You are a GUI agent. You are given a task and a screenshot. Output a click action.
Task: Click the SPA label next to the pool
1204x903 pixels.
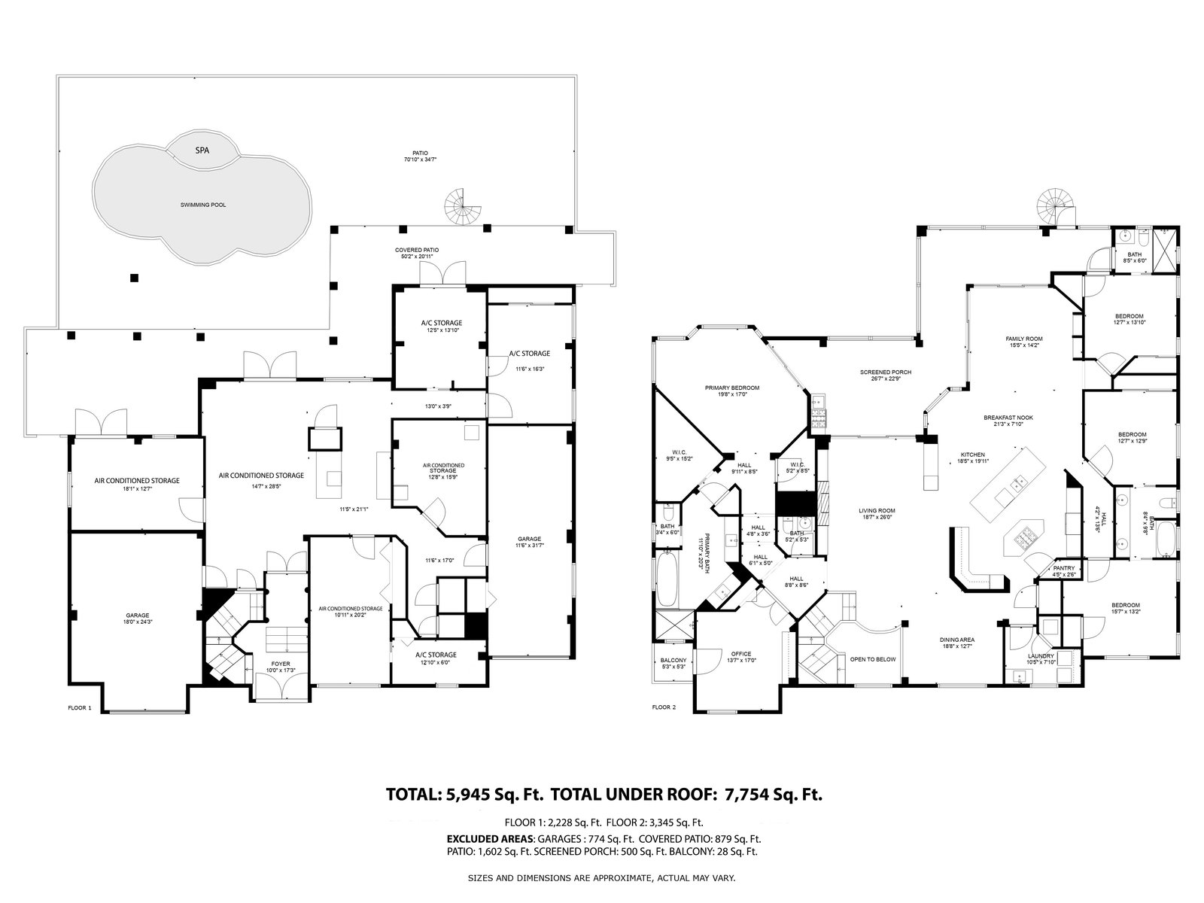(202, 150)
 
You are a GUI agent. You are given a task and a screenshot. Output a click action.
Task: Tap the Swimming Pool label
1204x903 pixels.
(203, 205)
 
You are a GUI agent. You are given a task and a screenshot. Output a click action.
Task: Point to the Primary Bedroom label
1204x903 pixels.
(732, 388)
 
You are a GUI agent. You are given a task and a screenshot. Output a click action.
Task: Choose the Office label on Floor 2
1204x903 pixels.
(741, 654)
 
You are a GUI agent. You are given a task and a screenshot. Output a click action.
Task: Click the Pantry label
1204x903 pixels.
(1063, 568)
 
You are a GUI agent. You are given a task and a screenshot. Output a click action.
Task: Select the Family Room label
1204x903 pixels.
(1023, 339)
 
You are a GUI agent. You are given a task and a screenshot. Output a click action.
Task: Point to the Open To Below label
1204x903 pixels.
(873, 659)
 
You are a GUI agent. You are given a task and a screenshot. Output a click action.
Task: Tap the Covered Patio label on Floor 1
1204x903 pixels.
(417, 250)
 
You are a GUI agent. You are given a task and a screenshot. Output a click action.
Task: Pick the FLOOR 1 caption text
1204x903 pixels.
(79, 707)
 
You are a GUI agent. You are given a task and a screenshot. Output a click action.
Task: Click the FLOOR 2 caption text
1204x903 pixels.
(664, 707)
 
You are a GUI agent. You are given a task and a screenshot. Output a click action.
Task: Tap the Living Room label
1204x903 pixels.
(877, 511)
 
